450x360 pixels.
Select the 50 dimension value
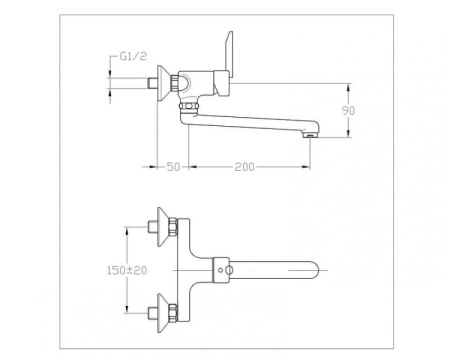point(171,167)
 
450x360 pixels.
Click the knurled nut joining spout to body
point(185,104)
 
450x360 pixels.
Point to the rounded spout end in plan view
point(318,271)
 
